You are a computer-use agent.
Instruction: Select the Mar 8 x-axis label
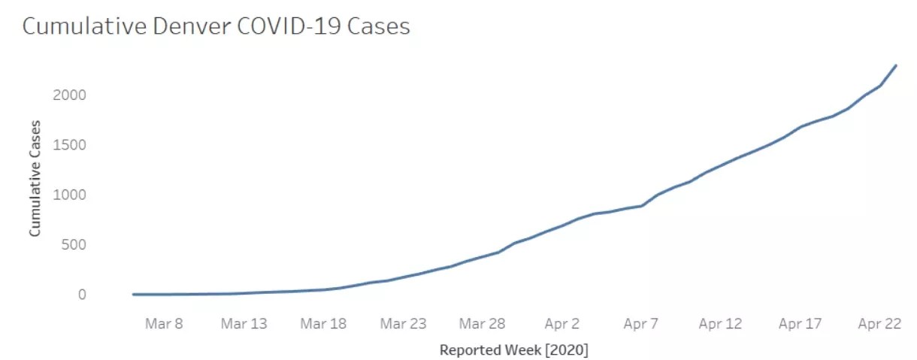[164, 324]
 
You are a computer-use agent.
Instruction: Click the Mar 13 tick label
[244, 324]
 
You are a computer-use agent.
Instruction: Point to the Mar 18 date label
[323, 324]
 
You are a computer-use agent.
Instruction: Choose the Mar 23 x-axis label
[403, 324]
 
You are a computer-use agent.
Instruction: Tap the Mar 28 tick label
[482, 324]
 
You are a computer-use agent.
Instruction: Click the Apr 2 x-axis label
[561, 324]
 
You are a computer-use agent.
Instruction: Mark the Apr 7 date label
[640, 324]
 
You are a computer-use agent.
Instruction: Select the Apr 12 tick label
[720, 324]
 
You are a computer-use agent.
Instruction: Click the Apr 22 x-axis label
[879, 324]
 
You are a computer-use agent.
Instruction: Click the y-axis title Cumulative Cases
[35, 178]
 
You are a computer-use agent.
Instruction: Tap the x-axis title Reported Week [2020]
[514, 350]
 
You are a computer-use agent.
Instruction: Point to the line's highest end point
[896, 65]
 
